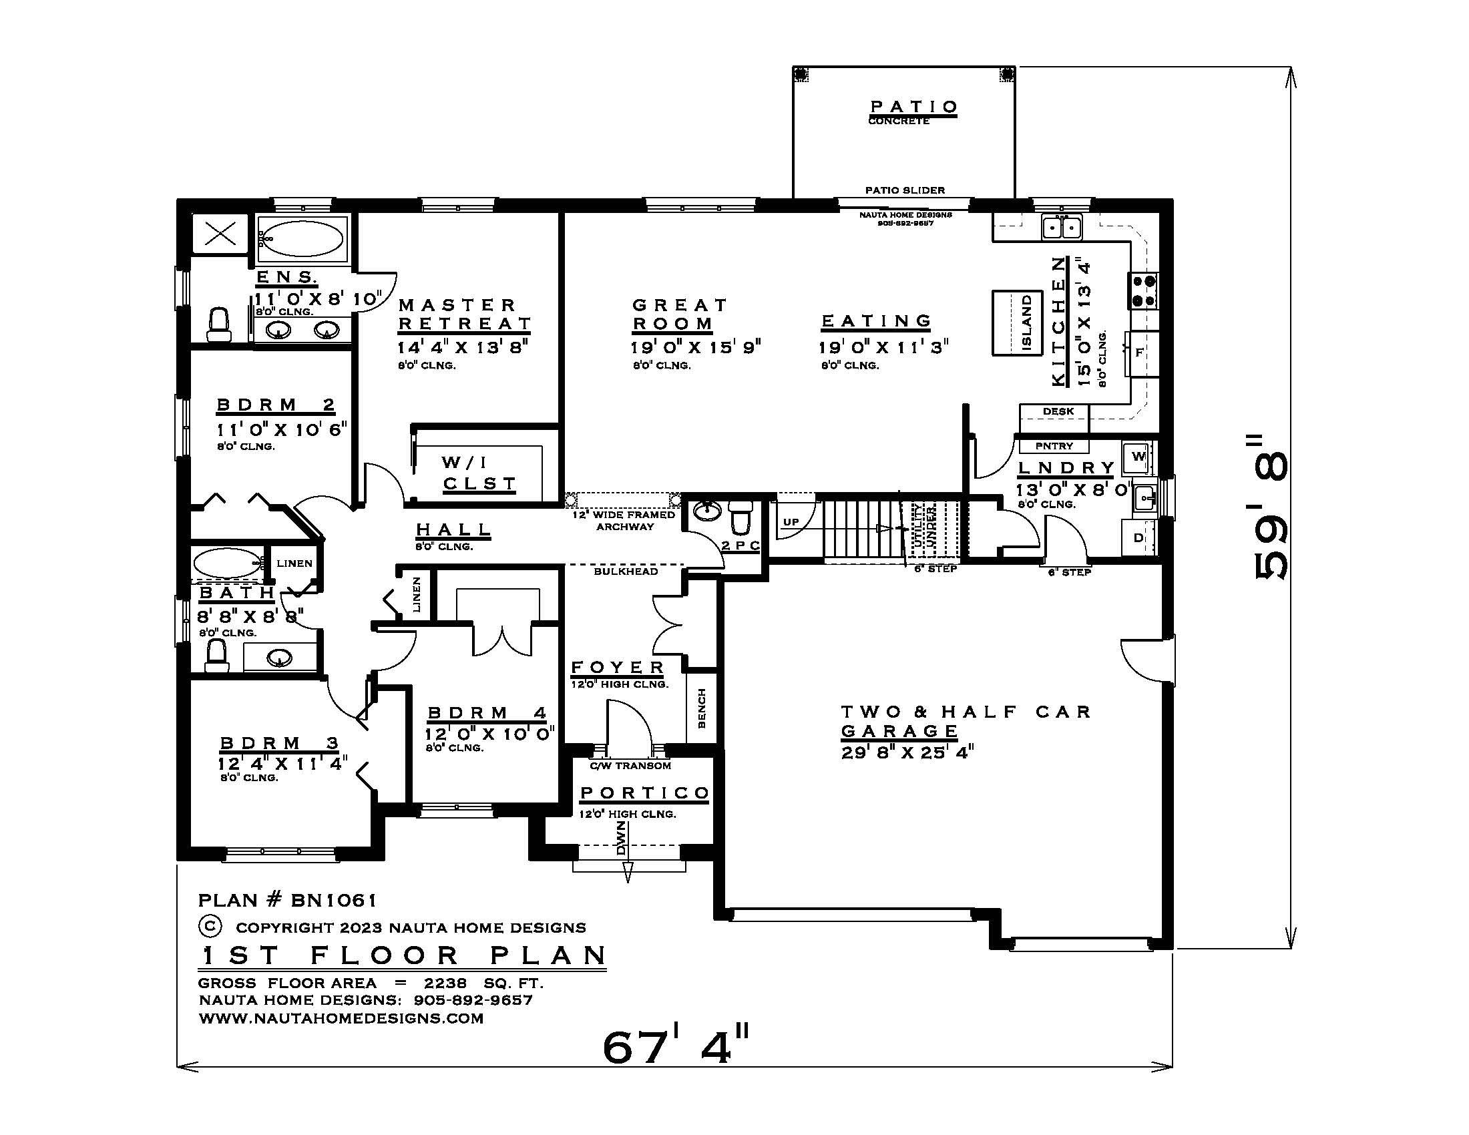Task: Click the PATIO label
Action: (913, 107)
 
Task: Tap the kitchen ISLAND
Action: (1017, 322)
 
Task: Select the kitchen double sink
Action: (1062, 226)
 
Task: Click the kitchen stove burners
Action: (1143, 290)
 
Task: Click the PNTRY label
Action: (1054, 446)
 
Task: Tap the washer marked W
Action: (1138, 457)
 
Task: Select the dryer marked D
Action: (1138, 538)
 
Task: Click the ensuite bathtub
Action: (301, 238)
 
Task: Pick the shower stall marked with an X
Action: (219, 234)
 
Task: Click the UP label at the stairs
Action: (791, 522)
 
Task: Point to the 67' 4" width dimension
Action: (674, 1046)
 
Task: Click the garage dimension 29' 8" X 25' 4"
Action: (907, 752)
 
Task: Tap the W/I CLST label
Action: (479, 473)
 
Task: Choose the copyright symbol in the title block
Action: (210, 927)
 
